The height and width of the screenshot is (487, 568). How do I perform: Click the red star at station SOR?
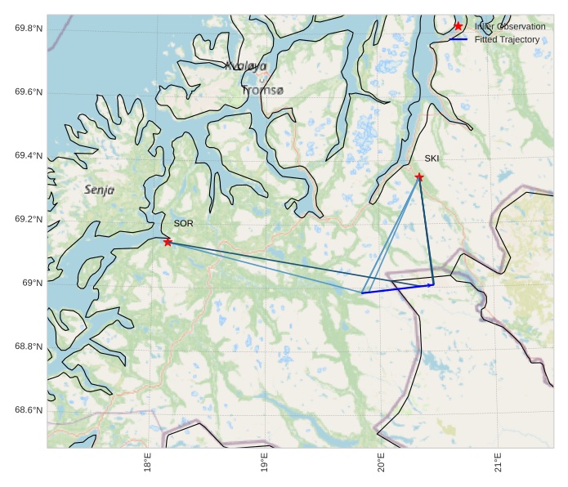168,242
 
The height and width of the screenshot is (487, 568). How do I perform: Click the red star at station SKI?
419,176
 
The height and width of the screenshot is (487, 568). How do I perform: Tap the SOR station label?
183,223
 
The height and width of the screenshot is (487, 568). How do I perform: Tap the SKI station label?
432,158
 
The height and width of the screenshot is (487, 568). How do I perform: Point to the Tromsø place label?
262,90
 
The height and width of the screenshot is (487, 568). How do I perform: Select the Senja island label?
100,190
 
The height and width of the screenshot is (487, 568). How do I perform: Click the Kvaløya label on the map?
245,66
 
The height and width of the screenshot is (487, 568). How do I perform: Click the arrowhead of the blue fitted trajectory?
432,285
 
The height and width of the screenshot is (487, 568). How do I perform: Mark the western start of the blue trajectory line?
362,293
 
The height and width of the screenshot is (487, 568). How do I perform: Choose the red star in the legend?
458,26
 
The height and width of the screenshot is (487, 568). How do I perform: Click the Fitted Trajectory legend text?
507,39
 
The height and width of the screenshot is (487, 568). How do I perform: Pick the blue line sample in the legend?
458,39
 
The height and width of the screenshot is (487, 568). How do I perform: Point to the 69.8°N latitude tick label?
29,29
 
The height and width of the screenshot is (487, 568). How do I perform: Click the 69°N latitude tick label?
33,283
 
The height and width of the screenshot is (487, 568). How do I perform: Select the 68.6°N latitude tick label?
29,410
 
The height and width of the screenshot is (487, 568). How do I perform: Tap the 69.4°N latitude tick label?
29,155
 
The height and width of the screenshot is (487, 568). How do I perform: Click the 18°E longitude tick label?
148,462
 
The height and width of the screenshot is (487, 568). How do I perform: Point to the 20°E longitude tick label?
382,462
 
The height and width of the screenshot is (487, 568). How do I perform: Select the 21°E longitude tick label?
498,462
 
